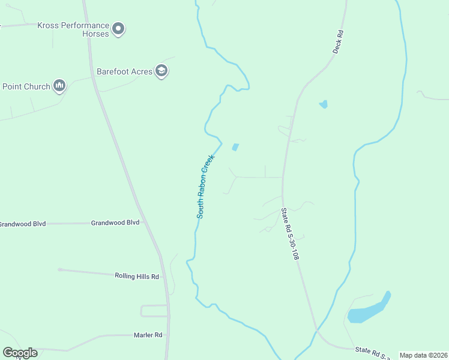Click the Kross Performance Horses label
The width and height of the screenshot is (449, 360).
[x=73, y=29]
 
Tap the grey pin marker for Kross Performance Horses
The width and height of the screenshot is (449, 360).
[x=119, y=28]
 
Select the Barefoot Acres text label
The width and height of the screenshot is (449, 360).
[x=124, y=71]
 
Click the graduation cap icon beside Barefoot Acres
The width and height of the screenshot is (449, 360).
[x=161, y=71]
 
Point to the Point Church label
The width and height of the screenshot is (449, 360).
[x=26, y=86]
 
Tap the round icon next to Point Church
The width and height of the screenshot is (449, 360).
[x=59, y=86]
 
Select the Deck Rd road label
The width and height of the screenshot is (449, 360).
[x=338, y=41]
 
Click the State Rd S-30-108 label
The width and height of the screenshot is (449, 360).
[x=290, y=234]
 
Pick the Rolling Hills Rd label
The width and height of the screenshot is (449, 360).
[x=137, y=276]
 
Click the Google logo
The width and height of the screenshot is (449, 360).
[x=20, y=353]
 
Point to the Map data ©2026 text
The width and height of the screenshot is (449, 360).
[x=423, y=355]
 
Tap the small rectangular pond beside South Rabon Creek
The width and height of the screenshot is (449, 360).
[x=235, y=147]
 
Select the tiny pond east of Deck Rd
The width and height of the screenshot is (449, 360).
[x=324, y=104]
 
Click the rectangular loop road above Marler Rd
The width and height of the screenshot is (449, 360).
[x=154, y=311]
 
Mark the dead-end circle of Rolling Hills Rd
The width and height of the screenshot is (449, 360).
[x=59, y=270]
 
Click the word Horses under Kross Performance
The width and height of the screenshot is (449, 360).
[x=96, y=34]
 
